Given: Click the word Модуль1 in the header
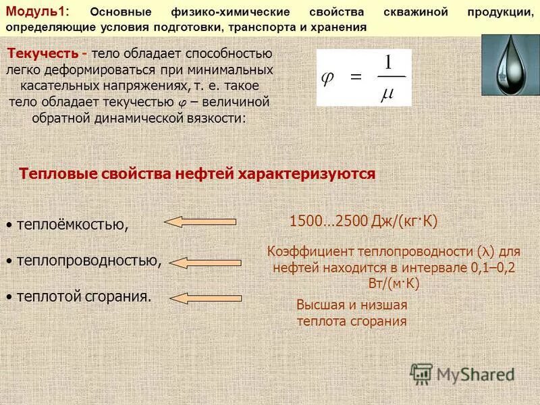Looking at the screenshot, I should point(34,13).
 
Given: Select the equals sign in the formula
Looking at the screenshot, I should point(354,78).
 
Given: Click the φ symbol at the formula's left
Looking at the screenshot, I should point(327,78).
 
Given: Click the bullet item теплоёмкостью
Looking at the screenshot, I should point(72,224).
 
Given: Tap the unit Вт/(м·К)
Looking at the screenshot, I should point(395,283).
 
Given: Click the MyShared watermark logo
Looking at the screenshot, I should point(462,373).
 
